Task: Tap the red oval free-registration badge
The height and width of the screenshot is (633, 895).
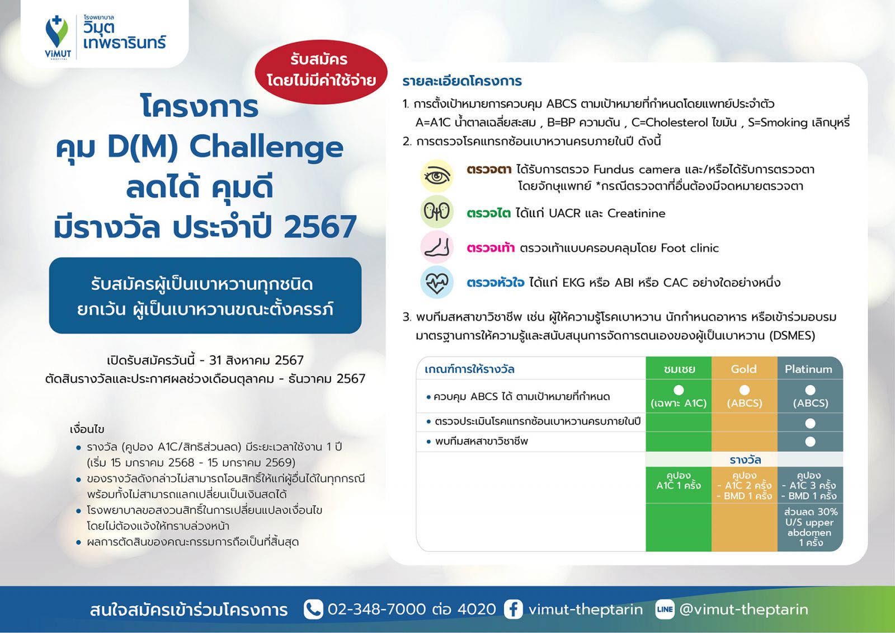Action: coord(321,72)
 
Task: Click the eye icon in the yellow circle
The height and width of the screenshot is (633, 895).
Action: coord(437,176)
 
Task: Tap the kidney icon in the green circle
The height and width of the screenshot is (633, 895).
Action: coord(437,212)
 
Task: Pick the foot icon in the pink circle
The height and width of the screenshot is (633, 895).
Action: coord(437,247)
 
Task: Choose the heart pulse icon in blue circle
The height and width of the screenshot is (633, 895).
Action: coord(437,282)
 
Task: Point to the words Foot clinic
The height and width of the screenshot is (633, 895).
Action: coord(690,248)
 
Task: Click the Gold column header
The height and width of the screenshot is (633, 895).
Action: coord(743,369)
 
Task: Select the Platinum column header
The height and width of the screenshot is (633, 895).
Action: coord(808,369)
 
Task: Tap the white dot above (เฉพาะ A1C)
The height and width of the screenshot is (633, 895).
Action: coord(679,390)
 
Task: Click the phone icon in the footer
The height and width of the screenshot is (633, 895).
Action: coord(313,610)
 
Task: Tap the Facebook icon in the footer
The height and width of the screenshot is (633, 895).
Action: coord(514,610)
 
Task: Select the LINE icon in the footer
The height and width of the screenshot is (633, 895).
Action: coord(665,610)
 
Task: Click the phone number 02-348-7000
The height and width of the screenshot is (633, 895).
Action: coord(377,609)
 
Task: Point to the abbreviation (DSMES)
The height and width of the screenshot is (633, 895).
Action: coord(792,335)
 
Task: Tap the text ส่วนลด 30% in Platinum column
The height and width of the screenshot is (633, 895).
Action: coord(811,512)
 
